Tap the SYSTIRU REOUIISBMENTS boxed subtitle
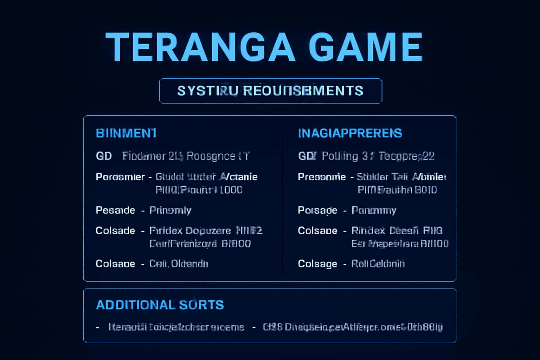coord(270,91)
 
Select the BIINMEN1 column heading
coord(126,133)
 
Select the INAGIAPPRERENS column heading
coord(350,133)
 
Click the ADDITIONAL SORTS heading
coord(160,305)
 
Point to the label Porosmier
coord(120,177)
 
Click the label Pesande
coord(115,210)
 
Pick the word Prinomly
coord(170,210)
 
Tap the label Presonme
coord(322,177)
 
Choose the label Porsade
coord(317,210)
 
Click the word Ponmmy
coord(374,210)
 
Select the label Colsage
coord(317,264)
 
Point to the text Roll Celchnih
coord(378,264)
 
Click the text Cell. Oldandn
coord(179,264)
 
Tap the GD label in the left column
coord(104,156)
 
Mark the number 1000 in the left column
coord(231,190)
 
